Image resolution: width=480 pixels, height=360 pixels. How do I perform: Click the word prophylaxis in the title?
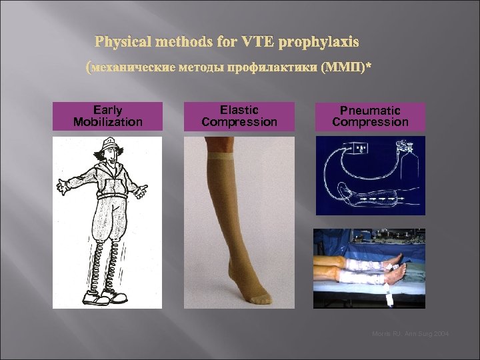click(319, 42)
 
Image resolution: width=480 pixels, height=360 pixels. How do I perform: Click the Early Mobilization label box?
click(107, 116)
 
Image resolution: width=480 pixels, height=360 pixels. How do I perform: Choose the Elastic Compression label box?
click(239, 116)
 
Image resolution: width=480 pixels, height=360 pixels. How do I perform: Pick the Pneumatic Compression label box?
click(370, 116)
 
